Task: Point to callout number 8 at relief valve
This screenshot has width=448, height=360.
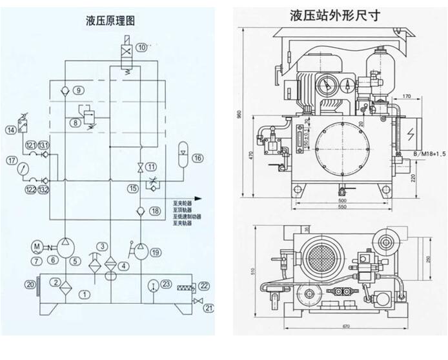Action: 76,121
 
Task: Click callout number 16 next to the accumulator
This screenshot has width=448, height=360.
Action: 197,158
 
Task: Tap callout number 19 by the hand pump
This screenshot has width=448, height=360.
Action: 156,252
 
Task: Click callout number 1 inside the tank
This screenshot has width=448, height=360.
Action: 83,294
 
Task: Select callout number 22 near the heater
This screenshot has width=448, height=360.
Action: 204,285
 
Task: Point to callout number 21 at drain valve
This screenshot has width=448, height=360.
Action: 207,309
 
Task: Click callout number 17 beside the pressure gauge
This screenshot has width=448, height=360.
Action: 11,160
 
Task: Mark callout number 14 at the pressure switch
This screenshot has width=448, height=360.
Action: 11,130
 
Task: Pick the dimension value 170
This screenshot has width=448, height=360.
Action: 405,96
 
